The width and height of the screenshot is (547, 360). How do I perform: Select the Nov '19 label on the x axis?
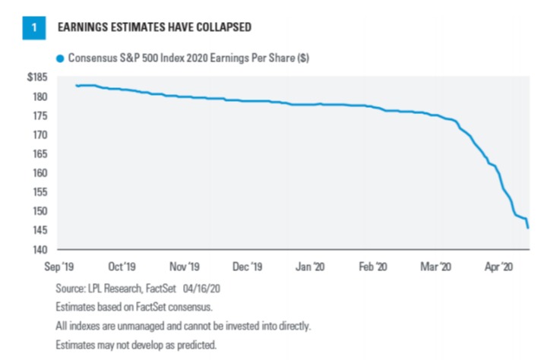pyautogui.click(x=185, y=268)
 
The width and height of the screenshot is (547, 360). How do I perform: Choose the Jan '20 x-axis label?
pyautogui.click(x=311, y=268)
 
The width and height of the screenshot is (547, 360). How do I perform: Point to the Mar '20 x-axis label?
pyautogui.click(x=436, y=268)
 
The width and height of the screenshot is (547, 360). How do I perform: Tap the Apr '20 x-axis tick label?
pyautogui.click(x=498, y=268)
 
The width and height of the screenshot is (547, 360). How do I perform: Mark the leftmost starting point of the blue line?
pyautogui.click(x=77, y=86)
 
